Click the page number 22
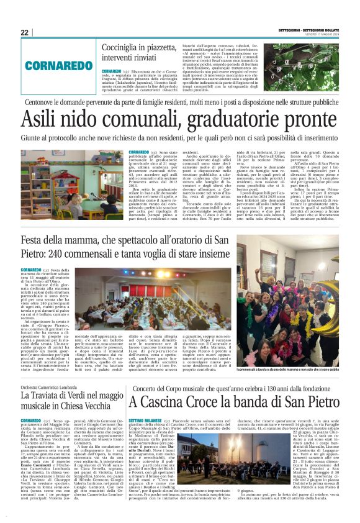(x=25, y=32)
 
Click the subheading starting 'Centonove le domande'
(x=179, y=102)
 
